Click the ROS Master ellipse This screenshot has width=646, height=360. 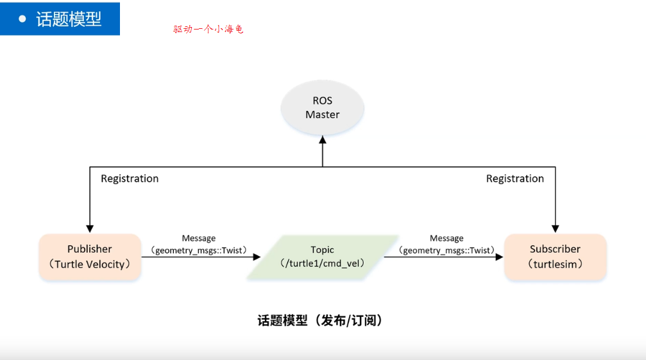[x=322, y=108]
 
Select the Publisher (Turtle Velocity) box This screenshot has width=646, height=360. [x=90, y=257]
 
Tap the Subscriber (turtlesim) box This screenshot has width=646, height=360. [x=555, y=257]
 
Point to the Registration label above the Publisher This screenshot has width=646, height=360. [x=130, y=178]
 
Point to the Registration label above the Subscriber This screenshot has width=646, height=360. [x=514, y=178]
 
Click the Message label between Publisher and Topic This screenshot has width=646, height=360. [x=199, y=238]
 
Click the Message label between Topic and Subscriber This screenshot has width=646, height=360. [x=446, y=238]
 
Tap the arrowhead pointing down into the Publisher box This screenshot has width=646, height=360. [x=90, y=228]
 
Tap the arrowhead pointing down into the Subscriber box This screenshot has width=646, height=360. [x=556, y=228]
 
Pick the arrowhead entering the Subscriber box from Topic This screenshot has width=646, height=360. [x=500, y=257]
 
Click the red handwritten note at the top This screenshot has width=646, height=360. [x=208, y=29]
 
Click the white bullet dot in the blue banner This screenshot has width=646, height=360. [x=22, y=19]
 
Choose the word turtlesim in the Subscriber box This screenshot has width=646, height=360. [x=555, y=264]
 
